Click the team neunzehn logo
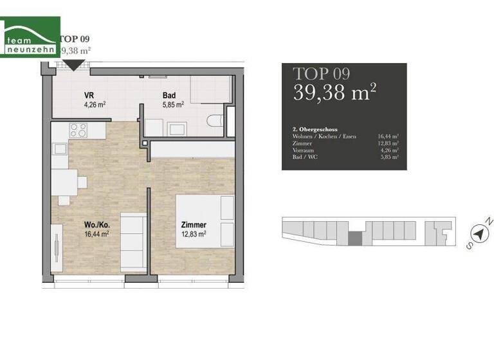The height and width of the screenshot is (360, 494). [30, 37]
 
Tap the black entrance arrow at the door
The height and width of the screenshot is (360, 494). [76, 64]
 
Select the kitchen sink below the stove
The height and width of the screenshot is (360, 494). [60, 149]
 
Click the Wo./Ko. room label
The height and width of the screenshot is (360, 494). [96, 225]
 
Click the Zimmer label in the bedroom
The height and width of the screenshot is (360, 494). [193, 225]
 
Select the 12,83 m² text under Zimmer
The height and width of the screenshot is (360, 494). [193, 235]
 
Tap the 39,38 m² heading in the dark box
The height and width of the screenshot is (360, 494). [334, 93]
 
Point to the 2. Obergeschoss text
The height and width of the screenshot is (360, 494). [315, 129]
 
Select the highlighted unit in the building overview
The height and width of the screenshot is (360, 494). [354, 239]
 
